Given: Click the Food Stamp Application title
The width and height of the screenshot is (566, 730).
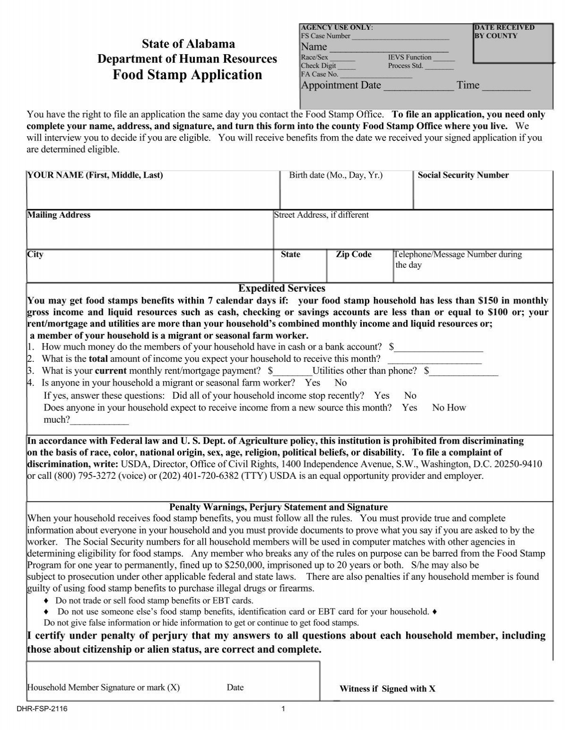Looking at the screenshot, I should (187, 75).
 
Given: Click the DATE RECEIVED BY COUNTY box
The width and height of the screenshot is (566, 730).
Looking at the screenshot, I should (513, 45).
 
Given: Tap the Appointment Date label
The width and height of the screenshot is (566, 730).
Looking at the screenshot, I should (341, 85).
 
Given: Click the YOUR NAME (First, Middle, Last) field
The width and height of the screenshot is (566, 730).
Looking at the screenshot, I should (153, 191).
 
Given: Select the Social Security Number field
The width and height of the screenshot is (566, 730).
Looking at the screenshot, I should (483, 191).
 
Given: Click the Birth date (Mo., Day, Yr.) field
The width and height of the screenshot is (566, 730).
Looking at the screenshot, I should (346, 191).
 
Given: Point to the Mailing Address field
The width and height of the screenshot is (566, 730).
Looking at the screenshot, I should (150, 230).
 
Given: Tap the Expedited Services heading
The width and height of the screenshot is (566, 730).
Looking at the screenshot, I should (282, 288).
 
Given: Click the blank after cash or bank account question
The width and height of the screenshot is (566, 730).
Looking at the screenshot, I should (439, 348).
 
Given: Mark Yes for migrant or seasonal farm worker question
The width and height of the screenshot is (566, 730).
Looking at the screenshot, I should (312, 383).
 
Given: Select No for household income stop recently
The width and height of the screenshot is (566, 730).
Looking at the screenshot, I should (410, 395).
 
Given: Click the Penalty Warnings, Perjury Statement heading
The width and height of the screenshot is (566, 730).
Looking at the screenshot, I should (278, 507).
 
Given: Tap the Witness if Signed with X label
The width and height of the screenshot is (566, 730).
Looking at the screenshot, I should (387, 689).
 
